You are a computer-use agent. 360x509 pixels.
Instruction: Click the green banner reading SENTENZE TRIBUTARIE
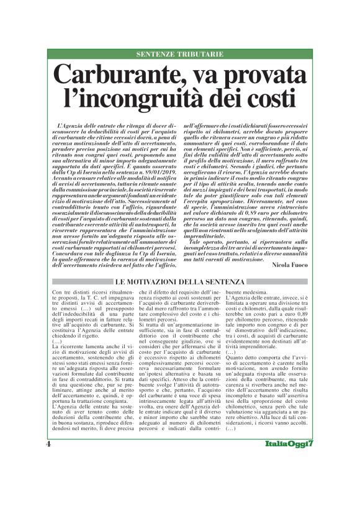(x=180, y=55)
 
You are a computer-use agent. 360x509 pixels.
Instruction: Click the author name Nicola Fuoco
(x=289, y=263)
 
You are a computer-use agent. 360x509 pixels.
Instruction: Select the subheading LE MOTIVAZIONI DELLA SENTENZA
(x=181, y=283)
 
